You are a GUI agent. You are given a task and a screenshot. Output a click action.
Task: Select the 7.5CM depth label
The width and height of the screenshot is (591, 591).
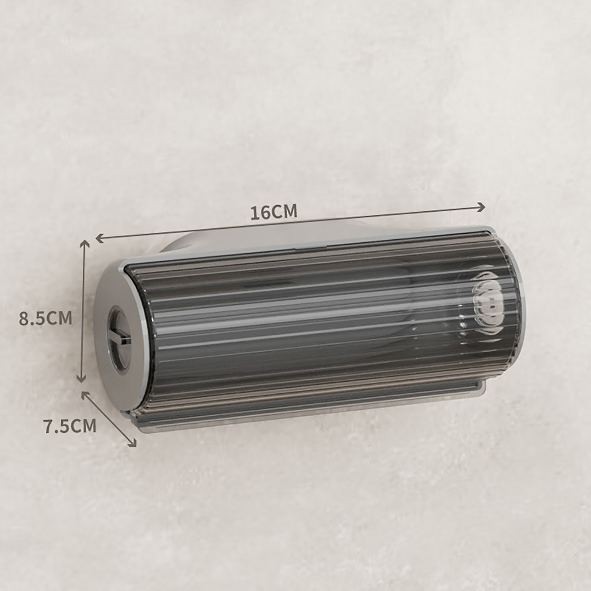click(x=70, y=426)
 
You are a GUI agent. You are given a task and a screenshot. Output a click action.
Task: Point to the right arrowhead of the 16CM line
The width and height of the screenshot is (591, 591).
click(x=481, y=207)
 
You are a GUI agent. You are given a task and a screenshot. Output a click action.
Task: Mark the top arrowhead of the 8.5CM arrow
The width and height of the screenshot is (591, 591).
click(x=85, y=243)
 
